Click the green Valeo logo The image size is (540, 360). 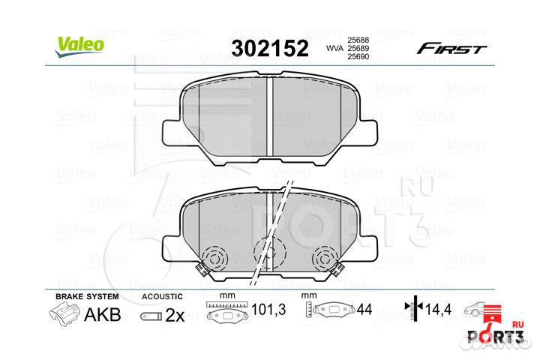click(79, 46)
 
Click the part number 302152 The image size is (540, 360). click(270, 49)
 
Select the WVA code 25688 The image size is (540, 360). click(358, 40)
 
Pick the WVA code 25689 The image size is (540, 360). click(358, 49)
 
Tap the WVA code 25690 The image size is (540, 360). click(358, 57)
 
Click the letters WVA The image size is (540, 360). click(334, 49)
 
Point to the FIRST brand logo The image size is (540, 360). click(451, 49)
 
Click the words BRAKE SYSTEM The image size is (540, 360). click(87, 296)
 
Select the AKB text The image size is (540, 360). click(103, 314)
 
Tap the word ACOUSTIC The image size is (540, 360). click(162, 296)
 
